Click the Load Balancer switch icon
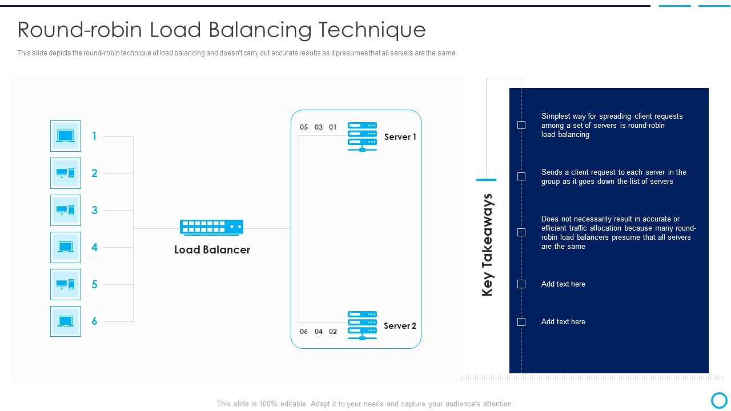(x=211, y=227)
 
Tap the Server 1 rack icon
(x=362, y=136)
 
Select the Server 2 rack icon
(x=362, y=325)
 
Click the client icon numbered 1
(x=66, y=136)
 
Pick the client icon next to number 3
(x=66, y=210)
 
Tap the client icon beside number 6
(x=66, y=321)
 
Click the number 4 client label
(x=94, y=247)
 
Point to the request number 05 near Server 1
(x=304, y=127)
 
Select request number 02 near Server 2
(x=333, y=332)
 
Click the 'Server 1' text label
(x=400, y=137)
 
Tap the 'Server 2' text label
(x=400, y=326)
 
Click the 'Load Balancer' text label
(x=212, y=250)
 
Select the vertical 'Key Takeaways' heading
(x=487, y=245)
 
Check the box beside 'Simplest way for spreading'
(x=521, y=125)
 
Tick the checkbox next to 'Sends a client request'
(x=521, y=176)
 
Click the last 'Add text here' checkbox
(x=521, y=322)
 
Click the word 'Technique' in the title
(x=372, y=29)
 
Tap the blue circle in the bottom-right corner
(x=719, y=400)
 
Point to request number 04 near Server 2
(x=319, y=332)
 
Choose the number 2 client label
(x=94, y=173)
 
